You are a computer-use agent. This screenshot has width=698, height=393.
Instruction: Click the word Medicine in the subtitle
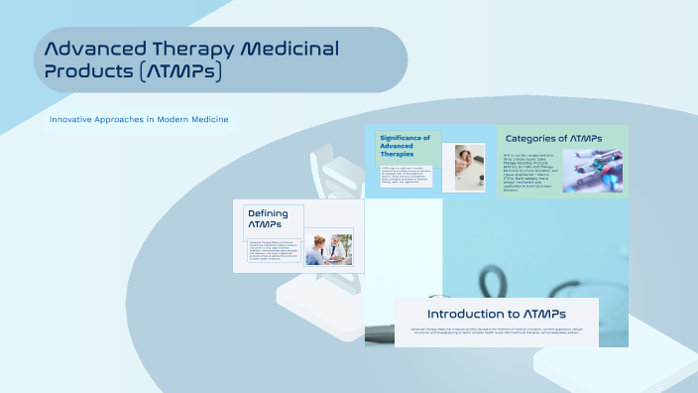(208, 120)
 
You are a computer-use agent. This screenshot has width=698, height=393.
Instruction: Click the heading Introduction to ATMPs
(497, 313)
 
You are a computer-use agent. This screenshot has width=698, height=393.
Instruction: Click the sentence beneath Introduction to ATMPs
(497, 331)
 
